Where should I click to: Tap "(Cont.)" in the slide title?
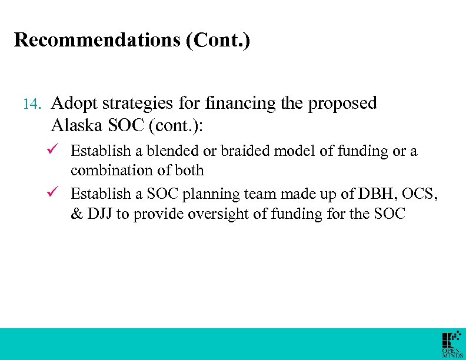(x=219, y=40)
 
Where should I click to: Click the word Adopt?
(x=75, y=104)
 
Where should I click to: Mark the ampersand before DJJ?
(x=76, y=214)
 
